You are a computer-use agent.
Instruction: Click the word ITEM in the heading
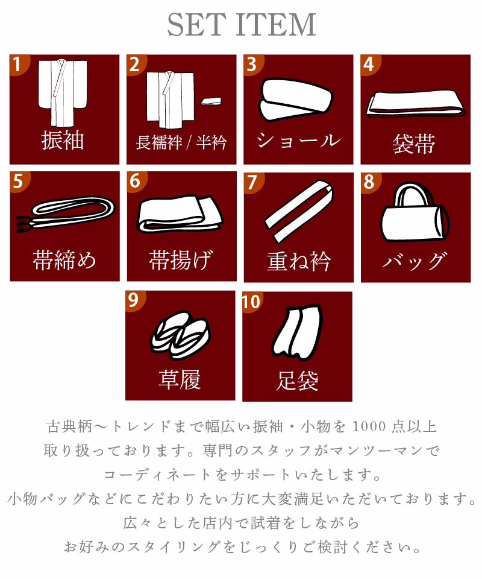click(275, 25)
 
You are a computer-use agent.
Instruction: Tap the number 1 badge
click(17, 65)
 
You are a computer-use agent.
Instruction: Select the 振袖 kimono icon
click(63, 93)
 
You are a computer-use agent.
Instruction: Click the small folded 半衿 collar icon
click(211, 101)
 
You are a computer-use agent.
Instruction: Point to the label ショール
click(298, 141)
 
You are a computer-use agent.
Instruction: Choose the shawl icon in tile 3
click(296, 100)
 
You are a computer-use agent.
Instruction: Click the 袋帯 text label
click(414, 144)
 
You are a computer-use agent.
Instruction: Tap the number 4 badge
click(369, 65)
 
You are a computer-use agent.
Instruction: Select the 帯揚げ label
click(181, 260)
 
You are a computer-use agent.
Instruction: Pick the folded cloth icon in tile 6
click(181, 214)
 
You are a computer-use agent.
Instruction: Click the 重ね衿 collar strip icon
click(299, 211)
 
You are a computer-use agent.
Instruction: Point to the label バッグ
click(415, 261)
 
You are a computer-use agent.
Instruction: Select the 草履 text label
click(180, 379)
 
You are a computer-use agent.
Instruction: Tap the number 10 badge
click(251, 302)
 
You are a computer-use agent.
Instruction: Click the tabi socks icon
click(297, 332)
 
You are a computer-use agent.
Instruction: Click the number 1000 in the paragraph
click(369, 426)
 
